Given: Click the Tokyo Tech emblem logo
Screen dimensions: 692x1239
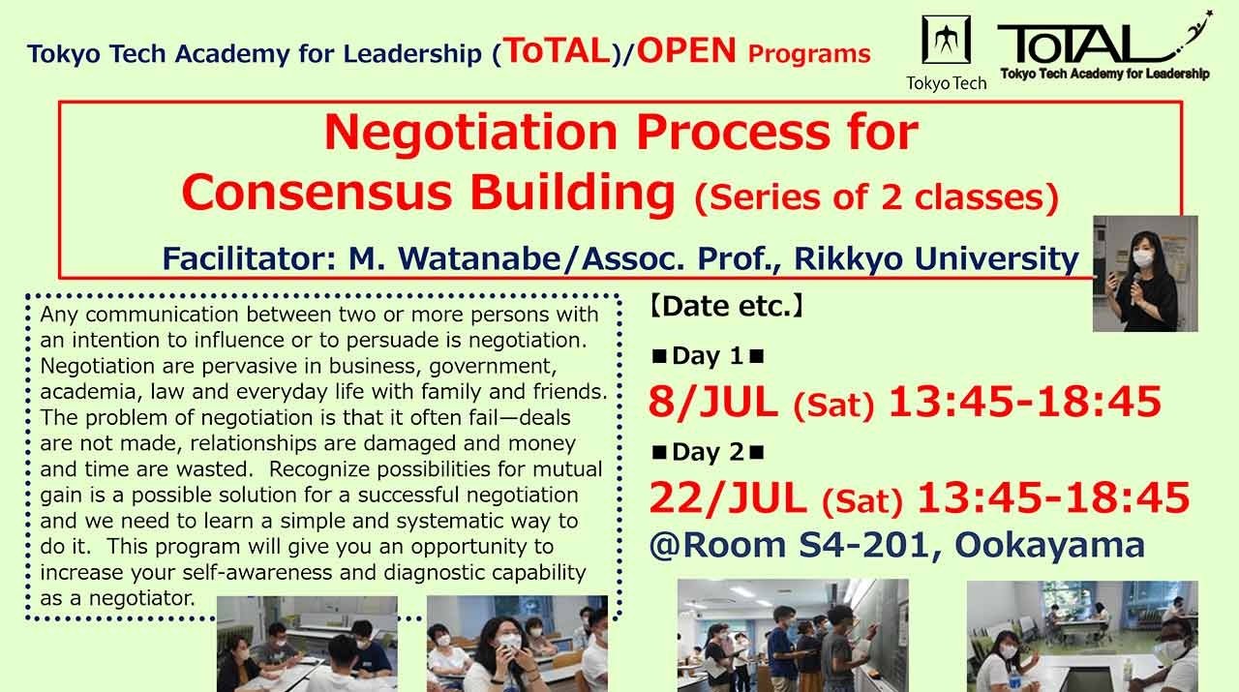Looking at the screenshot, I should click(946, 42).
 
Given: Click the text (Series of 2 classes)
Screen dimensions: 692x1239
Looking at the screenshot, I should click(876, 196).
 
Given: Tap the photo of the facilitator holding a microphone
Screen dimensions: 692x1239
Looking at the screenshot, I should click(1145, 274).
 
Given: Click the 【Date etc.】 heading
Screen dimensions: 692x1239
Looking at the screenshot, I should click(726, 308).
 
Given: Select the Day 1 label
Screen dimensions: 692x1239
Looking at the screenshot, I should click(708, 356).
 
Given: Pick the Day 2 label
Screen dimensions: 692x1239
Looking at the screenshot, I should click(708, 452).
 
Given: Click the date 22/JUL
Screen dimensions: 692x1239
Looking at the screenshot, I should click(728, 498).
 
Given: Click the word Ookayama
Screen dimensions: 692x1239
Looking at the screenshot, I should click(1049, 545).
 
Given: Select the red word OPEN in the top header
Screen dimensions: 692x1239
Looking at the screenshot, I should click(687, 51).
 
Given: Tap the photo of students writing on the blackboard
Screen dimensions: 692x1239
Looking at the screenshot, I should click(793, 634).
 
